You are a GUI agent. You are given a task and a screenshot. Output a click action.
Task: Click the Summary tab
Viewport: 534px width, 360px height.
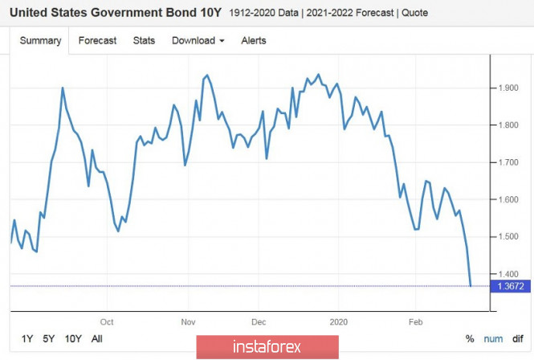(40, 40)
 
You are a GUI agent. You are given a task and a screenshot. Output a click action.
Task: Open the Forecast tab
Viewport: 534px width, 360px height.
(97, 40)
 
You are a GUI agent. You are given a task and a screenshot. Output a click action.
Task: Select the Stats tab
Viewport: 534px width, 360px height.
(144, 40)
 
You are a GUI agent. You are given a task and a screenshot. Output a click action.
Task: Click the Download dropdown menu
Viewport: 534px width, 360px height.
(198, 40)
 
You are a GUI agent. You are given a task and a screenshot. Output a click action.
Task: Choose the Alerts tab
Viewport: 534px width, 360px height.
(254, 40)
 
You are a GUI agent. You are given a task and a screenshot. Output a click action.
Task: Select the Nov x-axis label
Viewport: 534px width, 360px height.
(189, 321)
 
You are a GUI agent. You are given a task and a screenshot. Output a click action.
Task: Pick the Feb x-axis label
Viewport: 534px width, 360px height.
(415, 321)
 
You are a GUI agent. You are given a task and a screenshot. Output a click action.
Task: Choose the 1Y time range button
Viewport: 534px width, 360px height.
(28, 338)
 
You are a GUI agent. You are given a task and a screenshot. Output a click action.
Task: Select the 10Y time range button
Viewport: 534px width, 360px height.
(73, 338)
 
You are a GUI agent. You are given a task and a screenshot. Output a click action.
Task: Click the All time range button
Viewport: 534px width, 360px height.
(97, 338)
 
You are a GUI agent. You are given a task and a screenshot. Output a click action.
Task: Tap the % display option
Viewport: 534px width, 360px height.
(470, 339)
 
